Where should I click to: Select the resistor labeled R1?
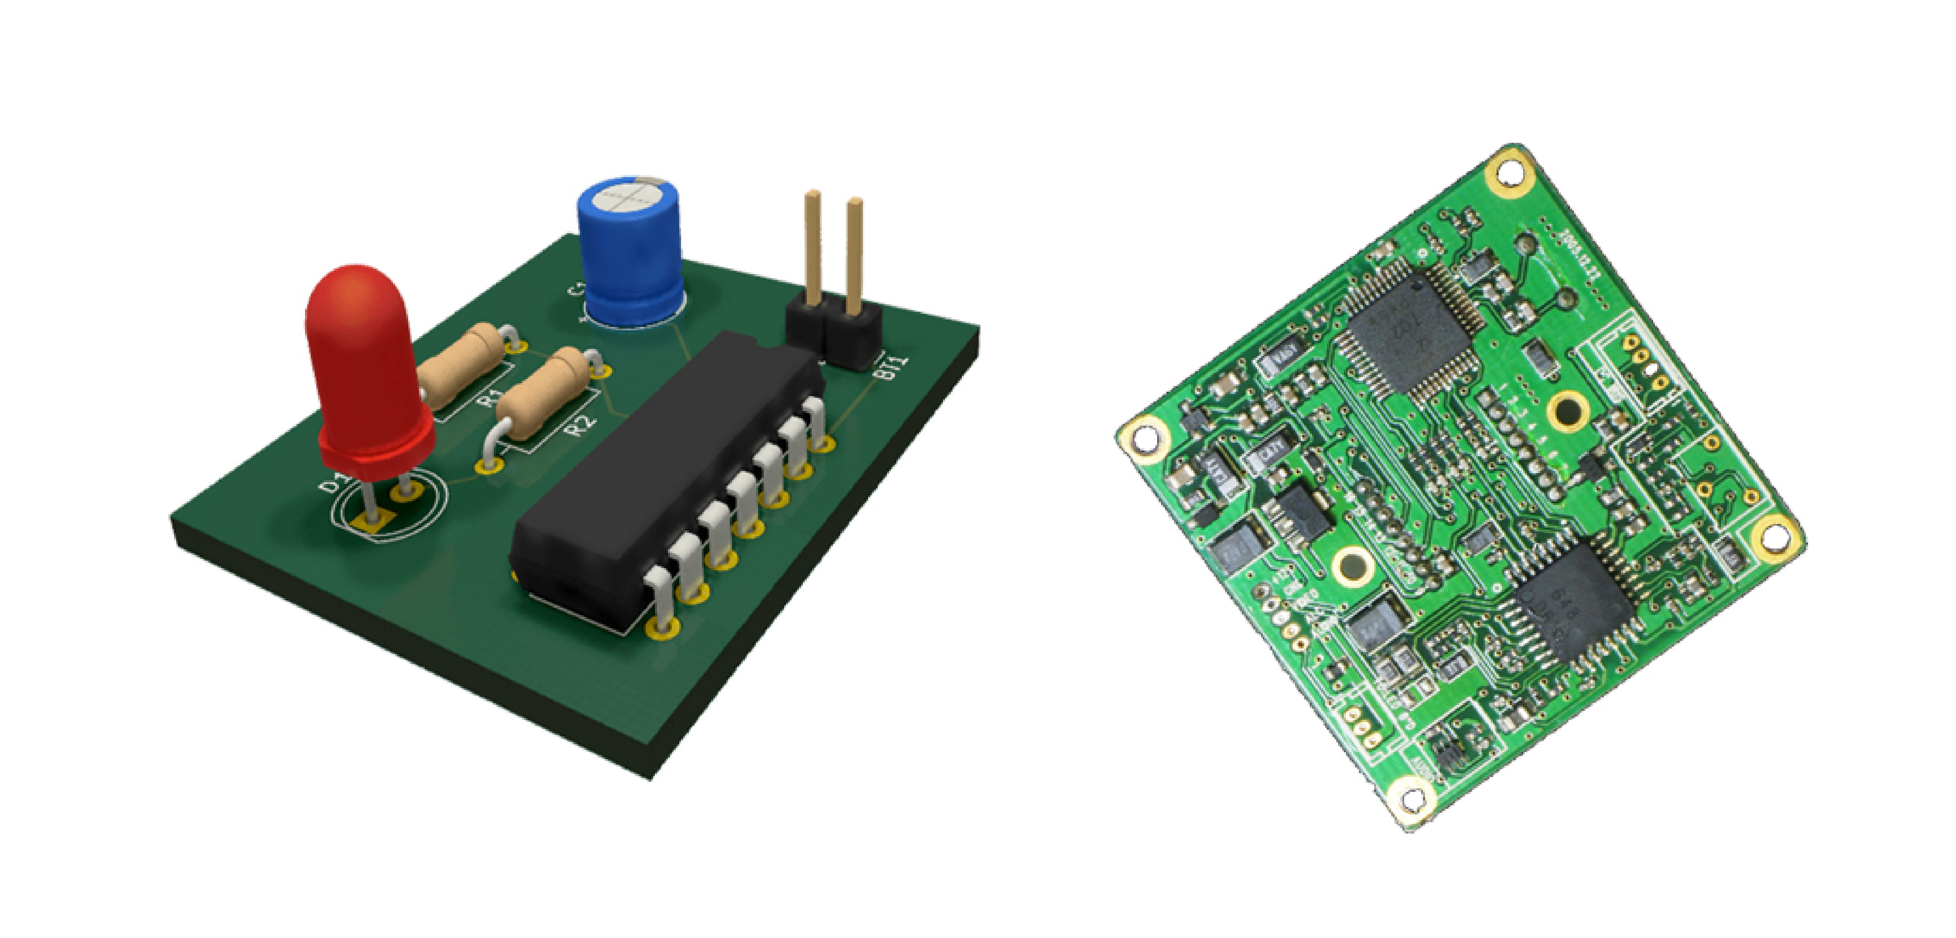[460, 365]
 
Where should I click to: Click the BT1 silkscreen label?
[892, 368]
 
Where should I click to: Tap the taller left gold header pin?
[812, 243]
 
